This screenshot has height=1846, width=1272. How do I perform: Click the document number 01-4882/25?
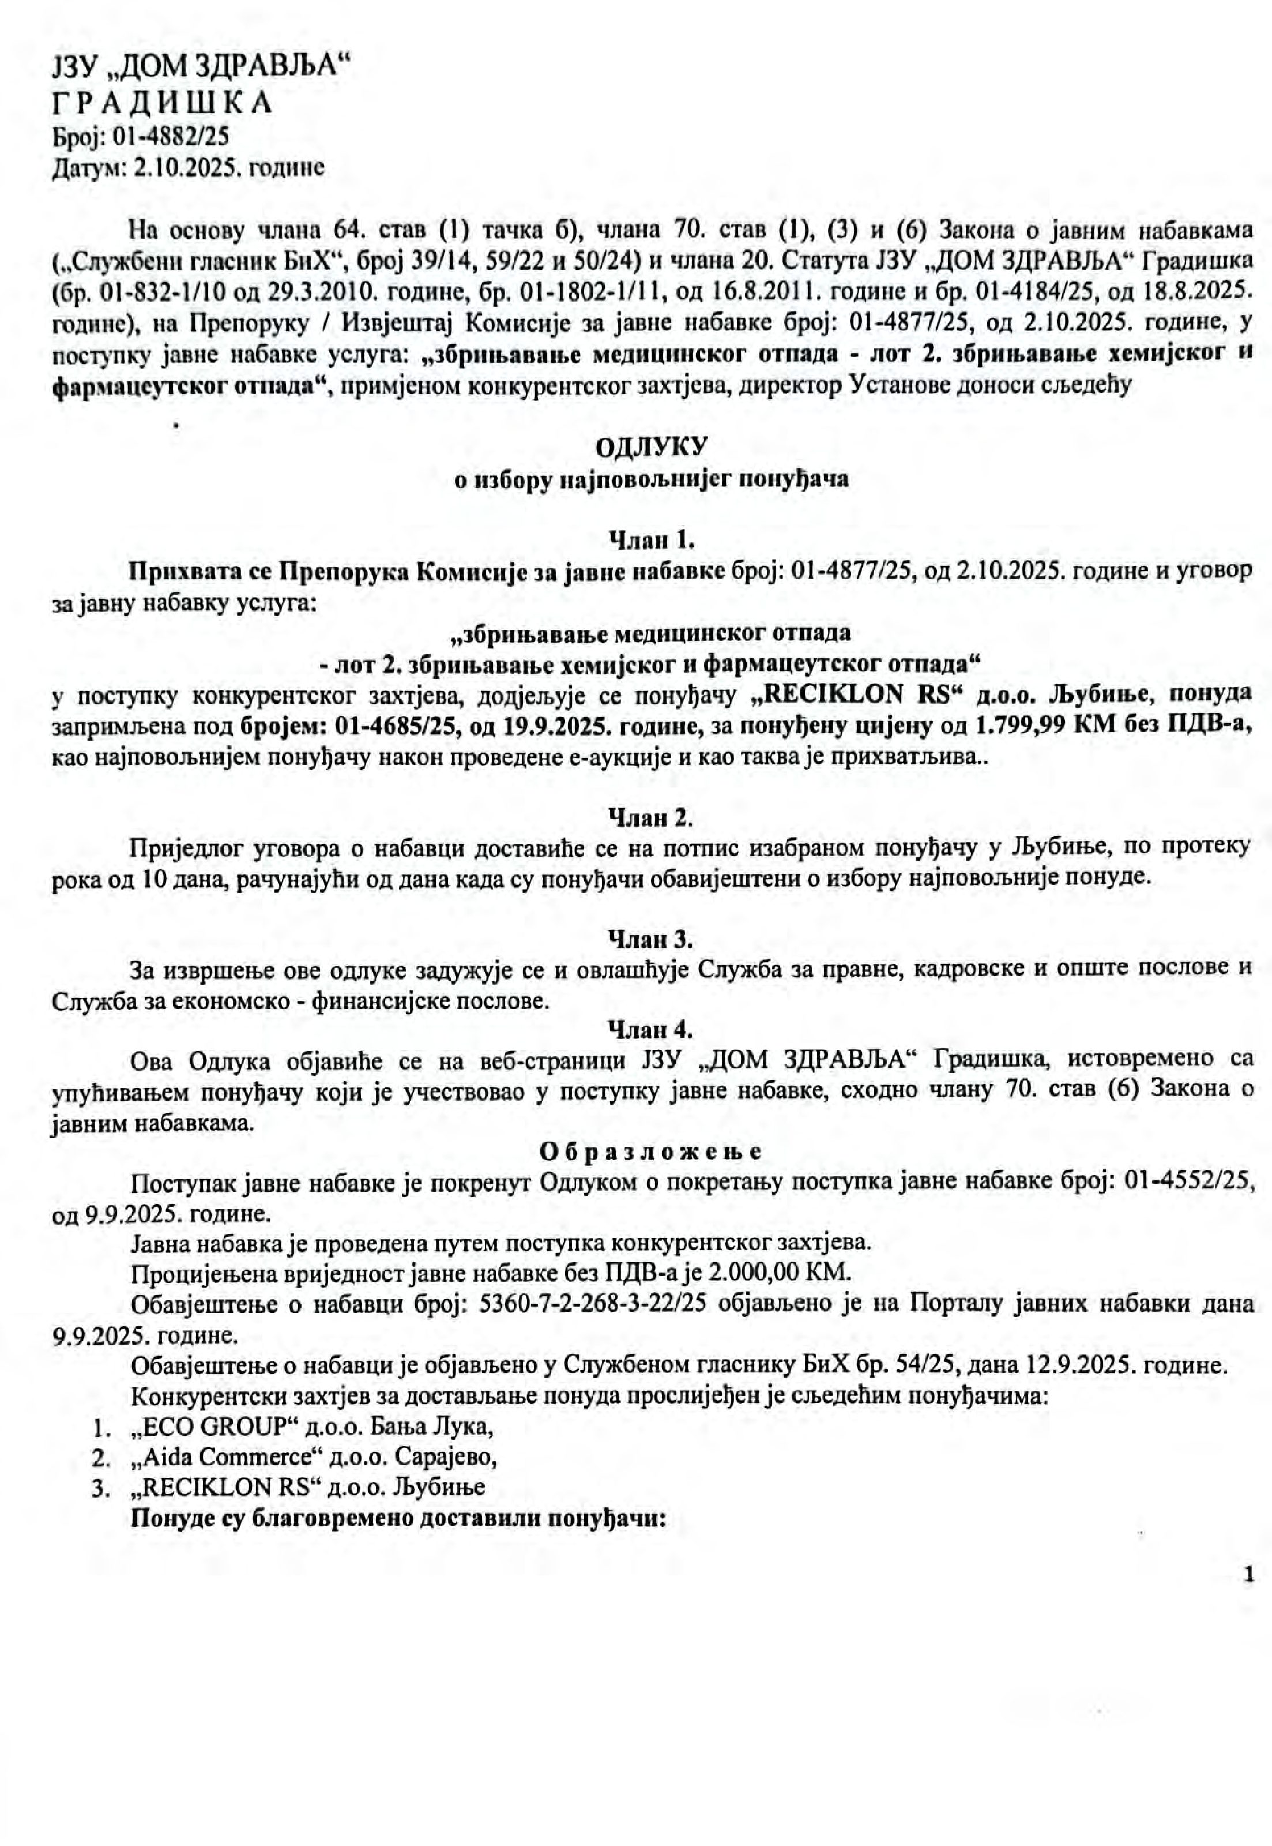[171, 136]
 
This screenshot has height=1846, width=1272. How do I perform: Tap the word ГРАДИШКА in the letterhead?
[162, 103]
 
